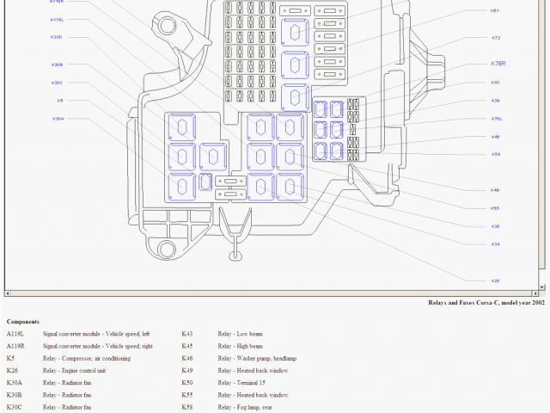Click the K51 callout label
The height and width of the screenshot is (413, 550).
(x=495, y=10)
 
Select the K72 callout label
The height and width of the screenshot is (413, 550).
(x=496, y=38)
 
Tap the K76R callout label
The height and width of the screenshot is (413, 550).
(x=498, y=64)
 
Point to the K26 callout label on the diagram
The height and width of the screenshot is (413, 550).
(x=495, y=280)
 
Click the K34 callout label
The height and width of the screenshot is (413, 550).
(x=495, y=244)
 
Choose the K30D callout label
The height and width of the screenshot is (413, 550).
(x=57, y=37)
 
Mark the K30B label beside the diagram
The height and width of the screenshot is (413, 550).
(x=57, y=65)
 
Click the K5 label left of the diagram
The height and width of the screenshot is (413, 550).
(x=59, y=101)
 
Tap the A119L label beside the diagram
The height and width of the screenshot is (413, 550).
(x=57, y=19)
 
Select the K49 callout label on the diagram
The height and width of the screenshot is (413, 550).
(x=495, y=189)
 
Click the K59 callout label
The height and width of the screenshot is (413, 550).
(x=496, y=154)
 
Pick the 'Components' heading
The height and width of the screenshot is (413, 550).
(x=23, y=322)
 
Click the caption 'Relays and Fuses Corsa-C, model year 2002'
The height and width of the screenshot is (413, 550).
(x=486, y=303)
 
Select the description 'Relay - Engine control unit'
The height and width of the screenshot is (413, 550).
(x=82, y=370)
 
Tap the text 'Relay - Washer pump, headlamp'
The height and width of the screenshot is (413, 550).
(x=260, y=358)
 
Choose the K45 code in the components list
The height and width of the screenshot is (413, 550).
(x=187, y=346)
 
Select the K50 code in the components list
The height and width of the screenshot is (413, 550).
(x=187, y=382)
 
